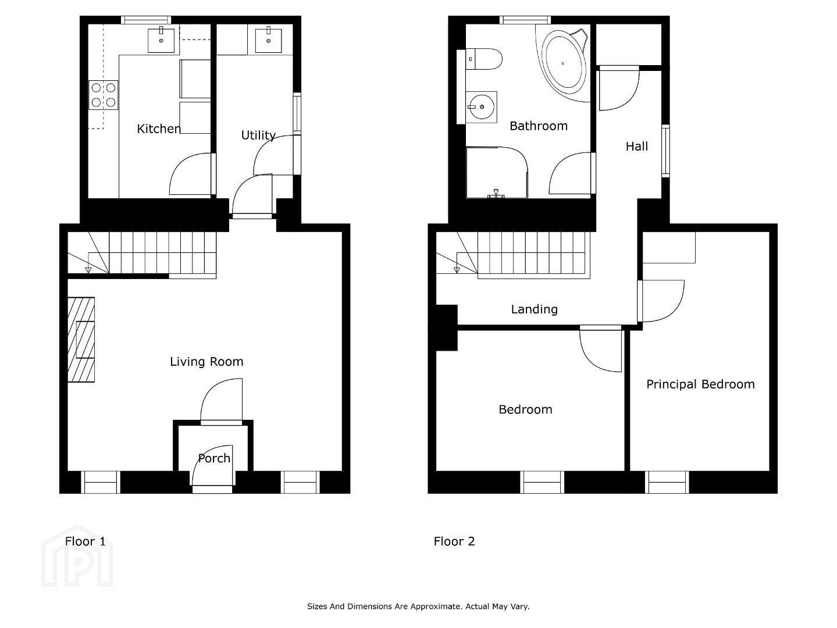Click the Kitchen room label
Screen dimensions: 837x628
[159, 129]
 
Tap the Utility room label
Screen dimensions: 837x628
[258, 135]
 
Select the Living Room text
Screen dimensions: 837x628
[206, 362]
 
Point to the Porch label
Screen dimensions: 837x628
[214, 458]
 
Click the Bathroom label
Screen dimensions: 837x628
[539, 126]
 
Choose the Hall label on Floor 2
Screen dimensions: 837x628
[637, 147]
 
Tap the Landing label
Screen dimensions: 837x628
[534, 309]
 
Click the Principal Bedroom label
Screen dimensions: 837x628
[700, 384]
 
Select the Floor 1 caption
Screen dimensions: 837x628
[85, 541]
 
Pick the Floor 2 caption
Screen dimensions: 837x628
[454, 541]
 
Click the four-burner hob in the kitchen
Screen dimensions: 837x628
[104, 95]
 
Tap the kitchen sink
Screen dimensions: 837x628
[161, 40]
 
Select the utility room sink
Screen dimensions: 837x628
[269, 40]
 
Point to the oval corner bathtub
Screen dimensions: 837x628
[564, 63]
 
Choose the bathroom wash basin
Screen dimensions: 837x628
[481, 107]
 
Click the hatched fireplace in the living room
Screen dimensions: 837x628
[81, 340]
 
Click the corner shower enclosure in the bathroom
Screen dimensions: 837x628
[497, 173]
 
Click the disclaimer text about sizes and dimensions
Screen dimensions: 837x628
[418, 606]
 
